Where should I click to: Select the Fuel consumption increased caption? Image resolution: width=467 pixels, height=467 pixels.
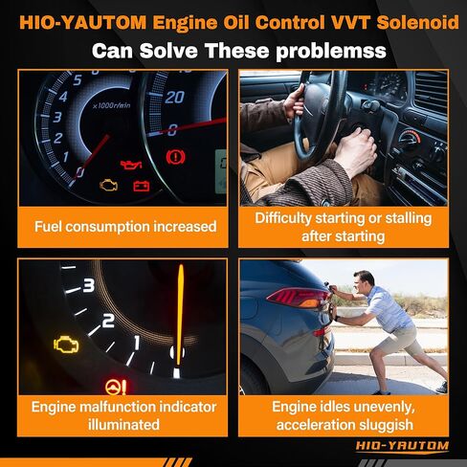124,227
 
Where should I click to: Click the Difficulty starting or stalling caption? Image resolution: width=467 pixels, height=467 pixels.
343,226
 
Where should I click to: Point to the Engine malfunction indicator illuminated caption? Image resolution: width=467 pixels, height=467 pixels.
124,415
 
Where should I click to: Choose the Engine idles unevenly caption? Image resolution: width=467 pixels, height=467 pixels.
343,415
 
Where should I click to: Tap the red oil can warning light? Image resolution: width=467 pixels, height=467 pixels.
129,165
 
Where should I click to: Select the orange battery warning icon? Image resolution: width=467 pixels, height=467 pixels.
142,184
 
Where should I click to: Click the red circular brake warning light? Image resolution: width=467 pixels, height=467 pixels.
174,155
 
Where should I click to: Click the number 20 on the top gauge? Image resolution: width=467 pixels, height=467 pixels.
174,97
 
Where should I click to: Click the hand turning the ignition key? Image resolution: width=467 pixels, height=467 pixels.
359,153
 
